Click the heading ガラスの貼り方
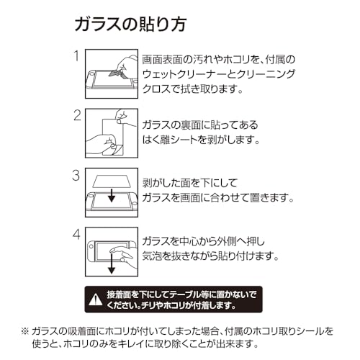point(130,24)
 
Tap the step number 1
point(76,55)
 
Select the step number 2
point(77,115)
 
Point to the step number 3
point(76,175)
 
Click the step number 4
point(76,234)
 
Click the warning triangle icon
point(96,300)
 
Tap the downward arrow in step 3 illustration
point(112,194)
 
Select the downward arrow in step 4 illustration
point(112,264)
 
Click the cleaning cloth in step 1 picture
point(116,73)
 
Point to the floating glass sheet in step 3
point(112,181)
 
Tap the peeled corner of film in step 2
point(117,149)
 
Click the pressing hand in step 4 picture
point(123,257)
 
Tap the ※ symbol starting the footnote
point(25,331)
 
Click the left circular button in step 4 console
point(91,247)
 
